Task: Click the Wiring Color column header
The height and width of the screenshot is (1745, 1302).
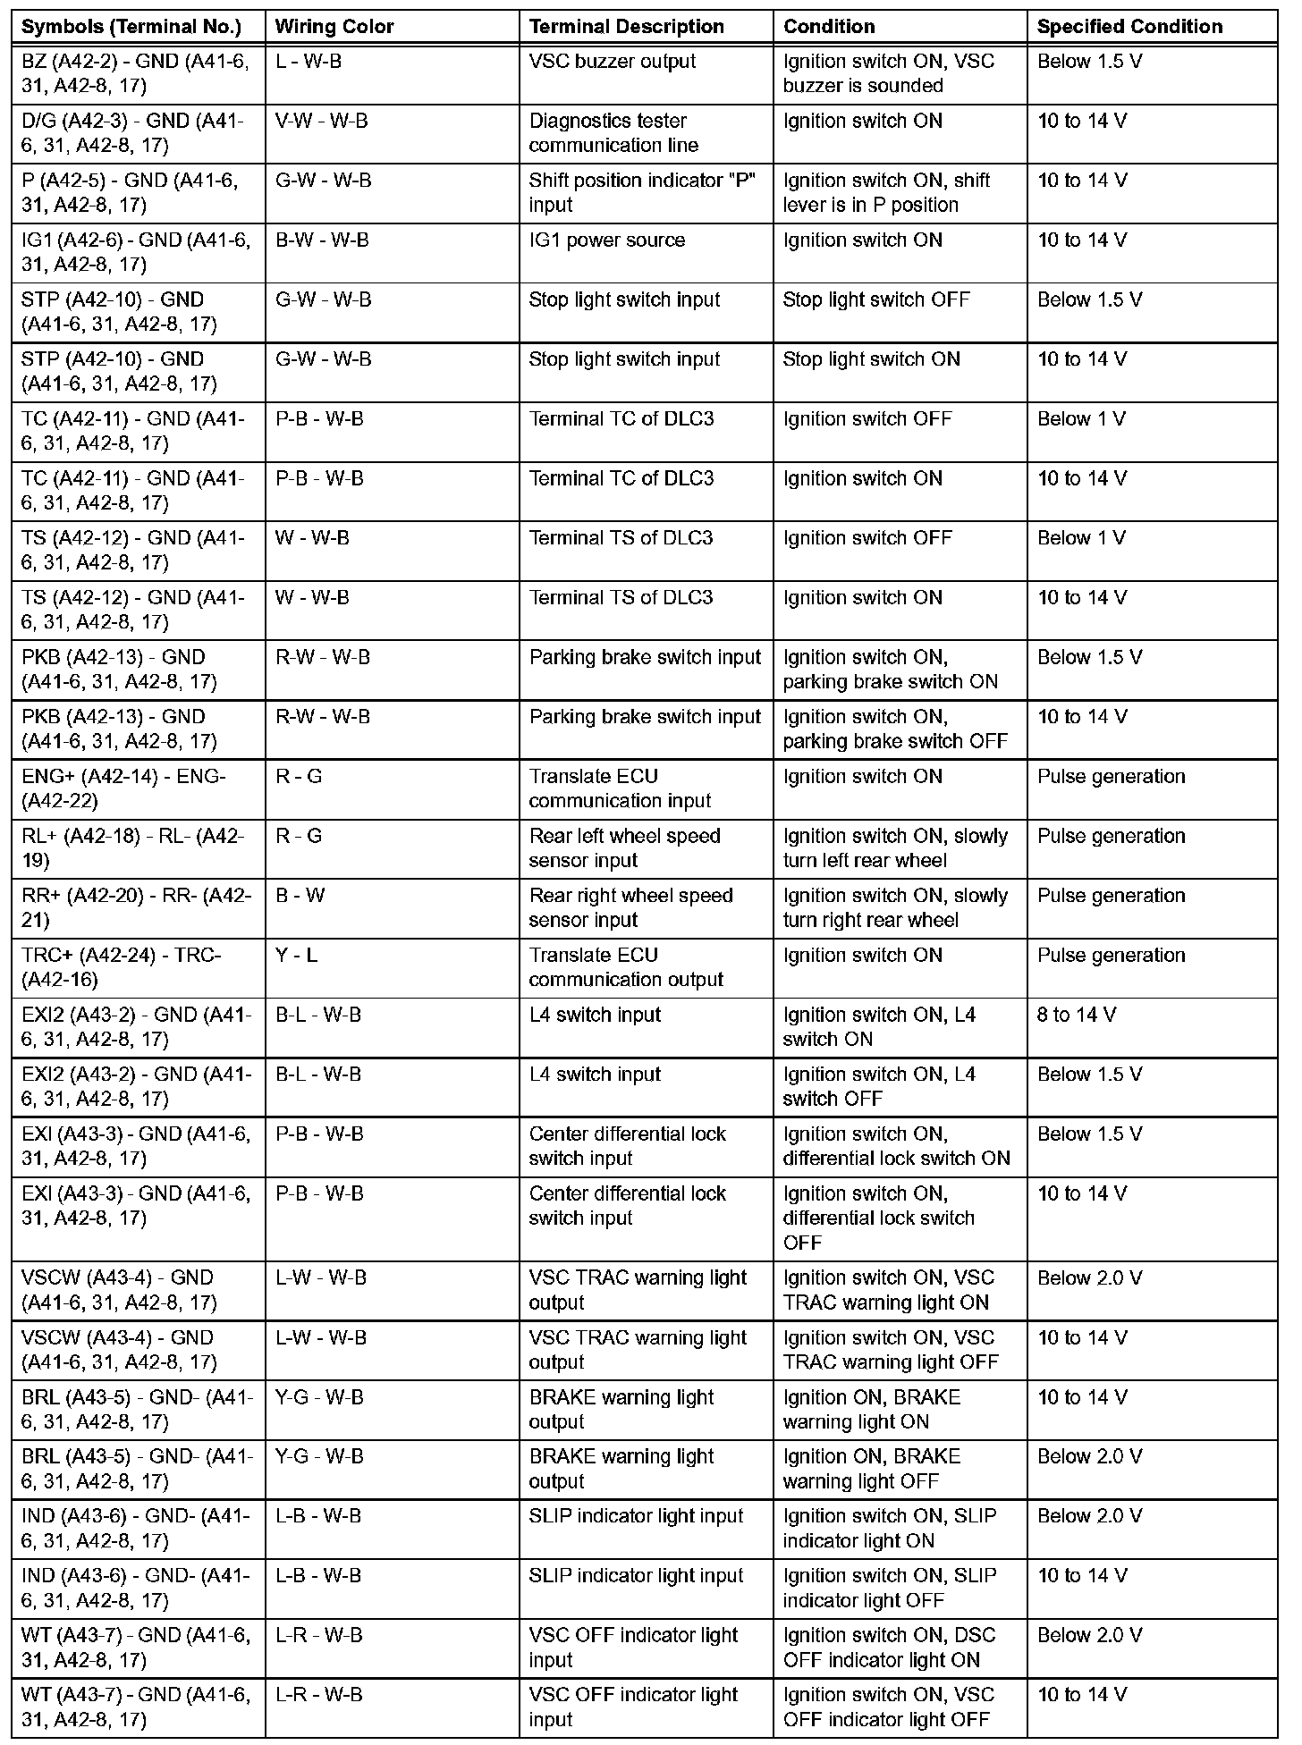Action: click(334, 27)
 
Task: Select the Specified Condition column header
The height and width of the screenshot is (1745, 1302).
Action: click(1129, 27)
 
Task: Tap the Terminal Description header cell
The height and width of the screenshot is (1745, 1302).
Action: click(626, 27)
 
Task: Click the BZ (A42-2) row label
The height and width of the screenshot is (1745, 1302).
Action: click(135, 74)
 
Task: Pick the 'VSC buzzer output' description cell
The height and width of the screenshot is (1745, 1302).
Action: click(613, 62)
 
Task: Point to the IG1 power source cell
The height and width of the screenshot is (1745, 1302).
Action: click(607, 240)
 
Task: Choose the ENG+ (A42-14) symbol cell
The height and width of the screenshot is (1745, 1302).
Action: click(123, 788)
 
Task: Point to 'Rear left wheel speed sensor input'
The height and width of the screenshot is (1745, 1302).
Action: click(624, 848)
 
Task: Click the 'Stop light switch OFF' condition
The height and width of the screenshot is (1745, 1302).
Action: click(876, 300)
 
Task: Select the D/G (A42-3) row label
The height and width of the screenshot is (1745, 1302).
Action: click(132, 133)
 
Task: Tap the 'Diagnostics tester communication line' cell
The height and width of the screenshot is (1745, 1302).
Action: click(613, 133)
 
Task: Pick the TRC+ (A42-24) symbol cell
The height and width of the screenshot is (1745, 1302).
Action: click(121, 967)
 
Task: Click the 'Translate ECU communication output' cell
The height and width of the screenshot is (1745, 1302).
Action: click(626, 967)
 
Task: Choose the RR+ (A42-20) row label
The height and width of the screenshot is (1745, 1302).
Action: click(136, 907)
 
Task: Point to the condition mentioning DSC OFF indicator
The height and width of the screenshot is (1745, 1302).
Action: click(889, 1648)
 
